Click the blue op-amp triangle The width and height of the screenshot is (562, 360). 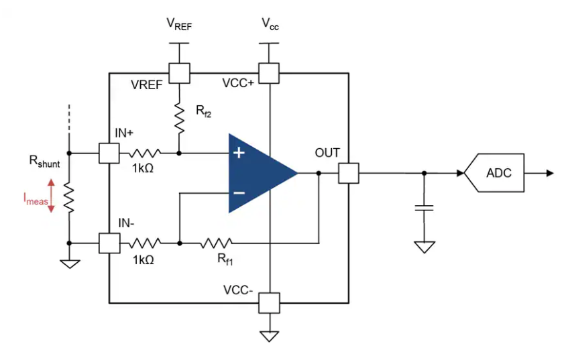[x=258, y=174]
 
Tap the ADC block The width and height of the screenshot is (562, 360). [x=498, y=174]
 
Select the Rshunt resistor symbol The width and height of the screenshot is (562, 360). [x=68, y=198]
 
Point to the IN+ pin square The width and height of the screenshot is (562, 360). [x=109, y=153]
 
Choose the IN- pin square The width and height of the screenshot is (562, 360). [x=109, y=243]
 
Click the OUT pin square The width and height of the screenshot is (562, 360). [x=349, y=174]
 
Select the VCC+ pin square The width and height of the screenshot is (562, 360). [x=269, y=73]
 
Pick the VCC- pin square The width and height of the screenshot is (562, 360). [x=269, y=303]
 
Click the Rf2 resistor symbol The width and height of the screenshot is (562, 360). [x=180, y=118]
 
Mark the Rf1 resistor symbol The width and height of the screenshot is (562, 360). [x=216, y=243]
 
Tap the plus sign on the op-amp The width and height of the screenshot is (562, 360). [x=239, y=153]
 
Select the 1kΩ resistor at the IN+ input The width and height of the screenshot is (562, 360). [x=144, y=153]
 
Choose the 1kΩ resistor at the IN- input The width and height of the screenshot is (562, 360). [x=144, y=243]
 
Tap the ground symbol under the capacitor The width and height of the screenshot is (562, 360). [x=424, y=247]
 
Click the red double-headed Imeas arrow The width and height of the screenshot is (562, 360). [x=51, y=196]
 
